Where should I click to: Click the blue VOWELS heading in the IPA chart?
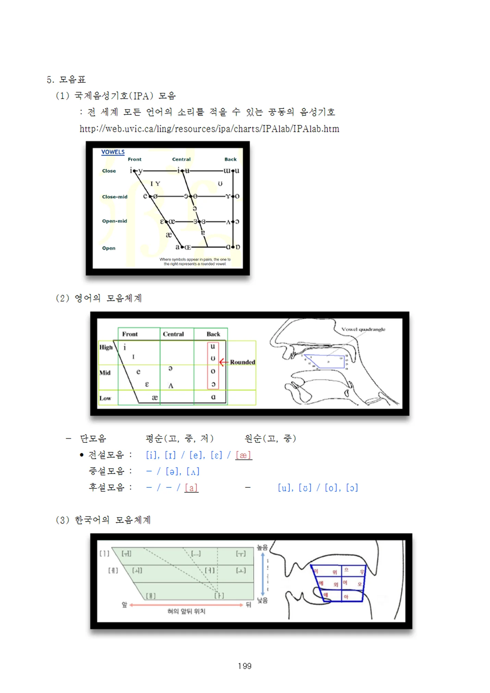pyautogui.click(x=113, y=152)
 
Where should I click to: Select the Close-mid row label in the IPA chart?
pyautogui.click(x=114, y=197)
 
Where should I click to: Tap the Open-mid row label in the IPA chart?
pyautogui.click(x=114, y=221)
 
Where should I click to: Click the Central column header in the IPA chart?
pyautogui.click(x=181, y=159)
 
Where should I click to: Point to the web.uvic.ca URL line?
pyautogui.click(x=209, y=129)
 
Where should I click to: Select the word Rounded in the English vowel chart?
pyautogui.click(x=242, y=362)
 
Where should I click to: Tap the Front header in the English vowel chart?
pyautogui.click(x=130, y=334)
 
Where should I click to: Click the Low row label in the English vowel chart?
pyautogui.click(x=105, y=398)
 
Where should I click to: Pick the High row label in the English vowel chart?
pyautogui.click(x=106, y=347)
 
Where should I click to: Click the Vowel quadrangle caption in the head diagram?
pyautogui.click(x=363, y=329)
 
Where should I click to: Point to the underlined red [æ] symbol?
pyautogui.click(x=243, y=455)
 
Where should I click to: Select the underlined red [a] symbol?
pyautogui.click(x=191, y=488)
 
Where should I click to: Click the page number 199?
pyautogui.click(x=245, y=666)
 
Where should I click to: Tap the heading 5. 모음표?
pyautogui.click(x=66, y=80)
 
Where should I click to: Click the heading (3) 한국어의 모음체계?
pyautogui.click(x=103, y=520)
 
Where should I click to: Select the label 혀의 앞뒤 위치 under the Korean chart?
pyautogui.click(x=186, y=611)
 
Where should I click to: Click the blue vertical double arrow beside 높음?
pyautogui.click(x=262, y=574)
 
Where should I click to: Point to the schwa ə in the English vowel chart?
pyautogui.click(x=170, y=369)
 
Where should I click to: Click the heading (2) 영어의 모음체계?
pyautogui.click(x=99, y=298)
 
